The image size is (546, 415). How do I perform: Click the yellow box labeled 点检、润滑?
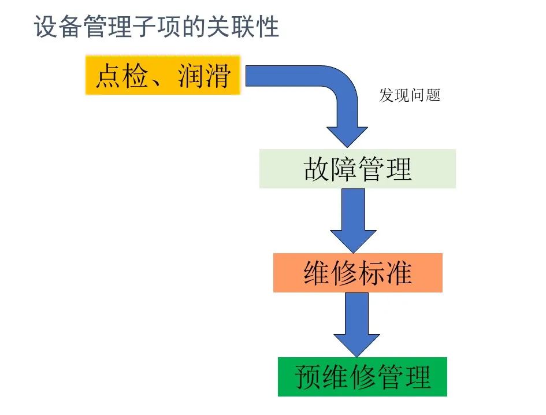coord(162,75)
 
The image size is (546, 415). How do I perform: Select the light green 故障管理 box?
coord(357,169)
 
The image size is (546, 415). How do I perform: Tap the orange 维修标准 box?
coord(358,273)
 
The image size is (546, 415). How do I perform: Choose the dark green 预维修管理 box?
coord(362,377)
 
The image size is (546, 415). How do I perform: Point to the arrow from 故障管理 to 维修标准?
coord(353,220)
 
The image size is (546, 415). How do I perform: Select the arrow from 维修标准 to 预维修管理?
coord(356,324)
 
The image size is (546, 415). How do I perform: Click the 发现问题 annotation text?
coord(410,95)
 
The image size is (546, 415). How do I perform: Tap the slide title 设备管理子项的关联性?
coord(157,27)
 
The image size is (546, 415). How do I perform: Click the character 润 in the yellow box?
coord(191,76)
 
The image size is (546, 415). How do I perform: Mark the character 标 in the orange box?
coord(372,273)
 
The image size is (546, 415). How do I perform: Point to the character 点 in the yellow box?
coord(109,76)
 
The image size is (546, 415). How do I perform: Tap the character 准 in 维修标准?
coord(399,273)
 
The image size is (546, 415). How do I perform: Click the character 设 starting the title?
coord(46,27)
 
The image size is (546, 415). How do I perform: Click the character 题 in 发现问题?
coord(433,95)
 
